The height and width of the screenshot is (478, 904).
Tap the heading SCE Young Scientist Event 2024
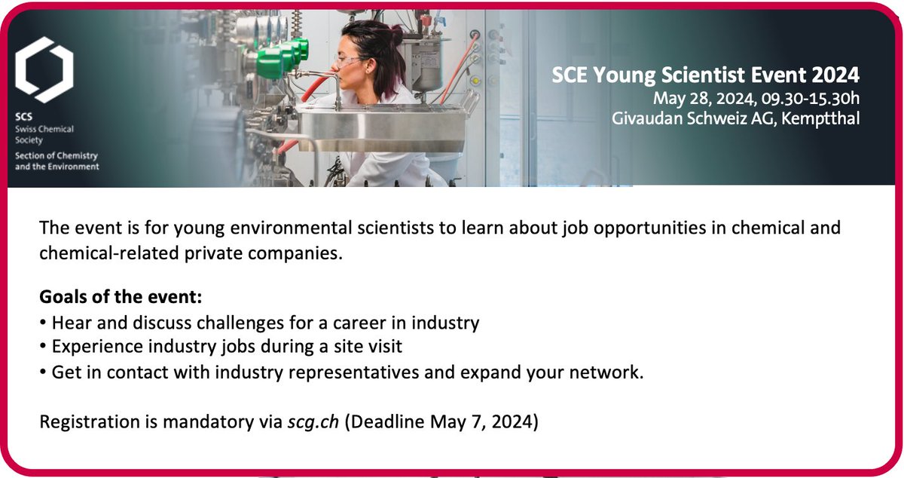tap(705, 75)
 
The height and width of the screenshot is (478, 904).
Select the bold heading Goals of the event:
tap(121, 297)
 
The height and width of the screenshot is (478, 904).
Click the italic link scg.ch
tap(313, 420)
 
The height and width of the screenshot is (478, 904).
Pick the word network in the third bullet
tap(609, 372)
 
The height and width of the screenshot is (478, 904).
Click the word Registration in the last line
tap(84, 420)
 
